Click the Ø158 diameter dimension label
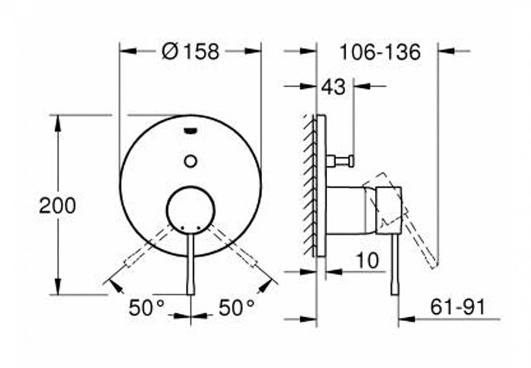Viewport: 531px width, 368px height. [191, 52]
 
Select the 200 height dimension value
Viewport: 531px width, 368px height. [57, 205]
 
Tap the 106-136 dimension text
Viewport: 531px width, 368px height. [380, 52]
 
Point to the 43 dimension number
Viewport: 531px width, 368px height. [333, 87]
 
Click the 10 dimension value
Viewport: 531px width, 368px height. [367, 261]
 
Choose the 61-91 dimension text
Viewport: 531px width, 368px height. [458, 307]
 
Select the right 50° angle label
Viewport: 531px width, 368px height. [236, 307]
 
